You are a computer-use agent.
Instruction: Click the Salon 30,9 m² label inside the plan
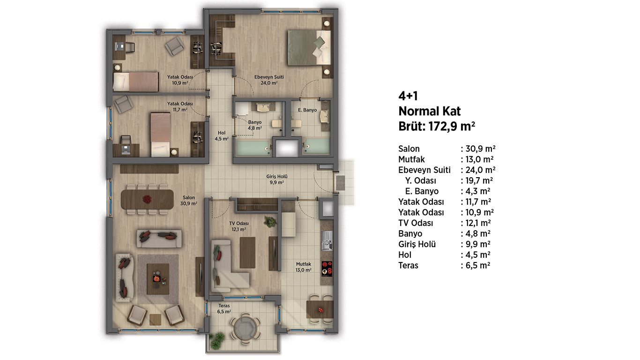click(x=188, y=201)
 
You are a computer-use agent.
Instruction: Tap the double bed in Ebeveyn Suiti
click(x=309, y=48)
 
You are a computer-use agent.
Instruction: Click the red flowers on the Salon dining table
click(x=147, y=199)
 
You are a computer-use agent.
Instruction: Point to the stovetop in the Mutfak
click(x=327, y=269)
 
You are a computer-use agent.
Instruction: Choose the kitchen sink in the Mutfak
click(x=327, y=240)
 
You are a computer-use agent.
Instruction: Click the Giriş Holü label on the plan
click(x=276, y=179)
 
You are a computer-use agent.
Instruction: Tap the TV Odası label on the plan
click(x=239, y=226)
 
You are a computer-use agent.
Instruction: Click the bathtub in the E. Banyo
click(x=316, y=147)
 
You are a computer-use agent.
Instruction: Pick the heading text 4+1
click(x=408, y=96)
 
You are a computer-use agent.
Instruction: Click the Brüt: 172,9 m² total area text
click(x=437, y=127)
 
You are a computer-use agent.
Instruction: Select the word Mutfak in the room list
click(x=411, y=159)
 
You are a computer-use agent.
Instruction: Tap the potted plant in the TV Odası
click(x=270, y=221)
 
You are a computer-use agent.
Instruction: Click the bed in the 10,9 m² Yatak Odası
click(x=136, y=82)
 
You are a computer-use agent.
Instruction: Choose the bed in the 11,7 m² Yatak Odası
click(x=160, y=135)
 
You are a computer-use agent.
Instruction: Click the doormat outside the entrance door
click(x=340, y=183)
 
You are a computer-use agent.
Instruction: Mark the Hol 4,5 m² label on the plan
click(x=222, y=136)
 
